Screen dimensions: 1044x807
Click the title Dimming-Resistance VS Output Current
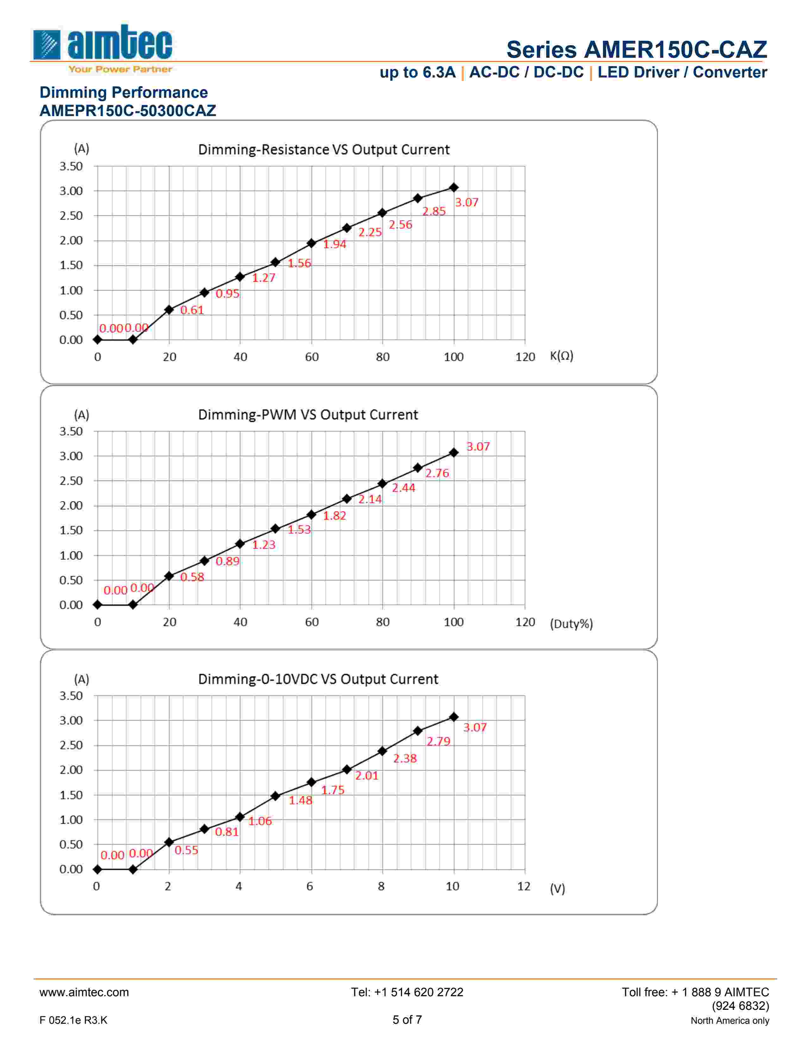324,150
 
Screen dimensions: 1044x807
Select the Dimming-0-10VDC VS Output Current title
318,679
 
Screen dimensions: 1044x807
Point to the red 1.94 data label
334,244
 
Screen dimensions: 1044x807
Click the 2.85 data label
434,211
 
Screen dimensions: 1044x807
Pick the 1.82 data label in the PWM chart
334,515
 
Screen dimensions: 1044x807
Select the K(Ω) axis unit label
561,356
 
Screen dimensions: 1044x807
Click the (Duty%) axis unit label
571,624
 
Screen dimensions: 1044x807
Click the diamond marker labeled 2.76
418,468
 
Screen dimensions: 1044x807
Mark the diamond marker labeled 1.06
240,817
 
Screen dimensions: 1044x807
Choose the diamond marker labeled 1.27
240,277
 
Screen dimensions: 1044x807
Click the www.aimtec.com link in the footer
84,992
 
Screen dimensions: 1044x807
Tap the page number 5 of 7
407,1020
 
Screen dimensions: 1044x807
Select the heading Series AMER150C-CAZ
636,49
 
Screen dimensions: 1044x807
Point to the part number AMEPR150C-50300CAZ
128,111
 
